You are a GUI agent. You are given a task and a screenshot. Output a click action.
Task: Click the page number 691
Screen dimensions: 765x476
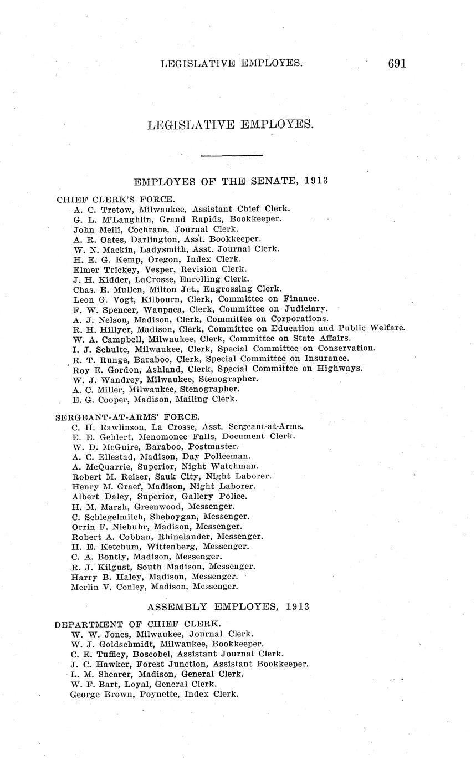click(x=397, y=63)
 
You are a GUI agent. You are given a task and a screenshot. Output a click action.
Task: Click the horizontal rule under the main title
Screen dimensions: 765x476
click(x=231, y=155)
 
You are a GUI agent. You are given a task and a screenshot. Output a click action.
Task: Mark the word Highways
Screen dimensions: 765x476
click(x=340, y=369)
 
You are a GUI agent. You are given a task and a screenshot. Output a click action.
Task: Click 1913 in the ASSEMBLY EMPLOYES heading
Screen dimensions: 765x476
click(x=298, y=606)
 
